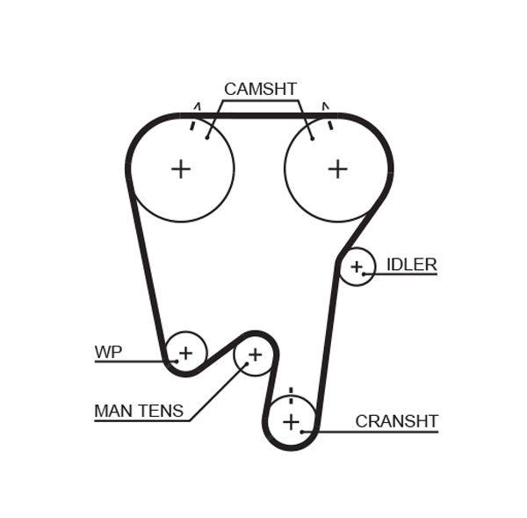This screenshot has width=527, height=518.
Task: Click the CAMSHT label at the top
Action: pyautogui.click(x=260, y=89)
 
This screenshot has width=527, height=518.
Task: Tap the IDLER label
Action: pyautogui.click(x=411, y=265)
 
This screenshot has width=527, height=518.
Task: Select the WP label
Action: pyautogui.click(x=108, y=352)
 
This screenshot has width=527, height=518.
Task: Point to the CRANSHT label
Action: pyautogui.click(x=396, y=421)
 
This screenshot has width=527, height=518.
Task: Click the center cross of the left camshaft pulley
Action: pyautogui.click(x=181, y=169)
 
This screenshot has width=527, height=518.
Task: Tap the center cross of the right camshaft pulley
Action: pyautogui.click(x=338, y=169)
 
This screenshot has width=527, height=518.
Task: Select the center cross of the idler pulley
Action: pyautogui.click(x=357, y=266)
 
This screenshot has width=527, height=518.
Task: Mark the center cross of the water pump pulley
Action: pyautogui.click(x=185, y=354)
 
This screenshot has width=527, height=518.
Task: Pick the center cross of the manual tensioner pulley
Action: pyautogui.click(x=255, y=354)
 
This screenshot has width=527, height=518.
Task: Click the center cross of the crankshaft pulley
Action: pyautogui.click(x=291, y=421)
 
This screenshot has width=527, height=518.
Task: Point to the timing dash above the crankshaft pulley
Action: pyautogui.click(x=291, y=391)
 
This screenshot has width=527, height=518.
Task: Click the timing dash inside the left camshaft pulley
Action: pyautogui.click(x=191, y=125)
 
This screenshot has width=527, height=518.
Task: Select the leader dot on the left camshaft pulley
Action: pyautogui.click(x=207, y=136)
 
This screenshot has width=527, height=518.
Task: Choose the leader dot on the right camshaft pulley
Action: pyautogui.click(x=312, y=137)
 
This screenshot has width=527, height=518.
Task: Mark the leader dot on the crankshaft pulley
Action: pyautogui.click(x=302, y=431)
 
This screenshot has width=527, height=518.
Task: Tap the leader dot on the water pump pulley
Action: pyautogui.click(x=177, y=361)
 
